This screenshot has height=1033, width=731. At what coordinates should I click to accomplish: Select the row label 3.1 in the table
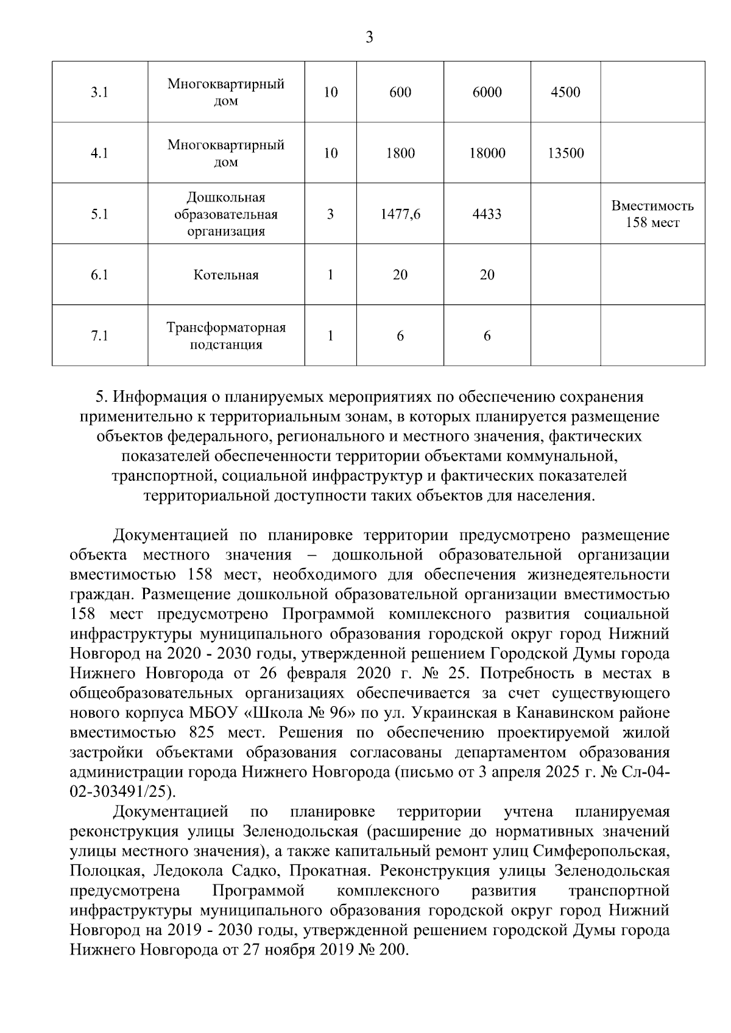(99, 93)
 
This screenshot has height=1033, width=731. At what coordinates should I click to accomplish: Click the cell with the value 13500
(565, 153)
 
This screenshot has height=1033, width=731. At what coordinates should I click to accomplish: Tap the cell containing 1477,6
(400, 214)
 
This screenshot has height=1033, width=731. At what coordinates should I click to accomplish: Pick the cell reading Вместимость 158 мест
(652, 214)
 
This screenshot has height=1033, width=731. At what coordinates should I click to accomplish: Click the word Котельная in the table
(226, 275)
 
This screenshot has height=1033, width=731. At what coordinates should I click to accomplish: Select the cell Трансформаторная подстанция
(226, 336)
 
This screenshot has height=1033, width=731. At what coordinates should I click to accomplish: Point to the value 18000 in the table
(487, 153)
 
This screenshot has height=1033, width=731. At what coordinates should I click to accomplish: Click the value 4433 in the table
(487, 214)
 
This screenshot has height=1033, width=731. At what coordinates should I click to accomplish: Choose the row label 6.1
(99, 275)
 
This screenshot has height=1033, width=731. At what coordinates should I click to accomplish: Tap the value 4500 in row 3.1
(565, 93)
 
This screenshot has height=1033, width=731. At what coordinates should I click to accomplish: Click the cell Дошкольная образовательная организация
(226, 214)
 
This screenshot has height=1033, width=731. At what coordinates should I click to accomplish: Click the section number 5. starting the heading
(102, 397)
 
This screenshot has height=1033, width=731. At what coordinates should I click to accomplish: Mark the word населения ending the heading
(554, 496)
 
